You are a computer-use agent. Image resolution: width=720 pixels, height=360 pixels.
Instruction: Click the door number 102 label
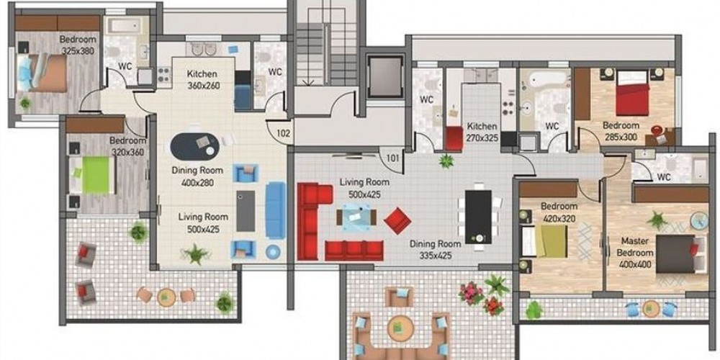(284, 134)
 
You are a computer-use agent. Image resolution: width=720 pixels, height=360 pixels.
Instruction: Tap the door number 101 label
(392, 158)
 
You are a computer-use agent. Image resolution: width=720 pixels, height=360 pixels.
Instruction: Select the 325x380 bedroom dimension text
(78, 50)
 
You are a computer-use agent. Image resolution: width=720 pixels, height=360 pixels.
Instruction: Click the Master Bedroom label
(635, 246)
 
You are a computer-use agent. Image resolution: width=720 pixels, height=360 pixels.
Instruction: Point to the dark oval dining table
(195, 146)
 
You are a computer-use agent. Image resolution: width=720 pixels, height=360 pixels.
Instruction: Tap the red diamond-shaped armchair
(397, 220)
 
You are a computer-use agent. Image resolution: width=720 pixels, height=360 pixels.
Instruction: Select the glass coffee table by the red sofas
(356, 217)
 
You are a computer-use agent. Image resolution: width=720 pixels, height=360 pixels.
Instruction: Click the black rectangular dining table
(478, 217)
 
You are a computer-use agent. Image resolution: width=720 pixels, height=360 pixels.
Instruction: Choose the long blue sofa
(276, 210)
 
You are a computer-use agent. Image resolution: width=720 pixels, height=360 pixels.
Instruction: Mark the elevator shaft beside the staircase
(384, 76)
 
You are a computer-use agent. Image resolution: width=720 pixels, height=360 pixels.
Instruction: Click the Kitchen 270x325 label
(482, 131)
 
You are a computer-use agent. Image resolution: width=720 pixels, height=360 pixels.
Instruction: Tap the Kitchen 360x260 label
(202, 79)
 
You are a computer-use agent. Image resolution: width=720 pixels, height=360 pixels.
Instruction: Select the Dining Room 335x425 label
(436, 249)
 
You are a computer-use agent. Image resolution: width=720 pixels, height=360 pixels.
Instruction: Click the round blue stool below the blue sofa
(273, 251)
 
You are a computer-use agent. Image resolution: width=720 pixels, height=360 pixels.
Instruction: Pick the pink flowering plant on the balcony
(470, 293)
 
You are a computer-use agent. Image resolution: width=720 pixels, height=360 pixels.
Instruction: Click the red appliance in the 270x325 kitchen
(454, 139)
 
